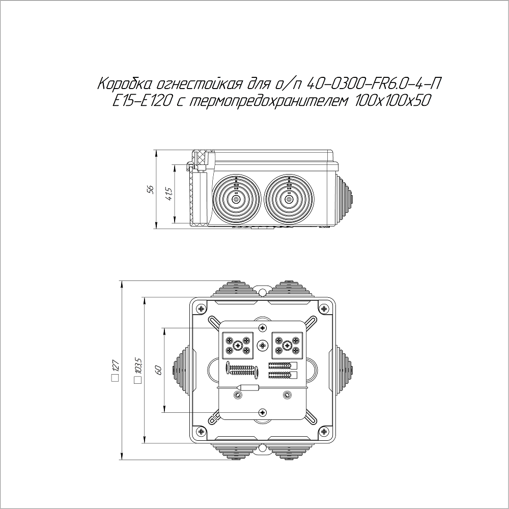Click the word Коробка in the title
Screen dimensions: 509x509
125,84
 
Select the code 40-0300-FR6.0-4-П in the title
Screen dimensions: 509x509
374,84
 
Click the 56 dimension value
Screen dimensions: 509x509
150,189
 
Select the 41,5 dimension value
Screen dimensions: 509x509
168,194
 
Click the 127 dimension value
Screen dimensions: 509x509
116,365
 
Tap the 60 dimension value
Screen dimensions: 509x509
159,371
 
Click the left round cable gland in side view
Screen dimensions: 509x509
236,200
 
